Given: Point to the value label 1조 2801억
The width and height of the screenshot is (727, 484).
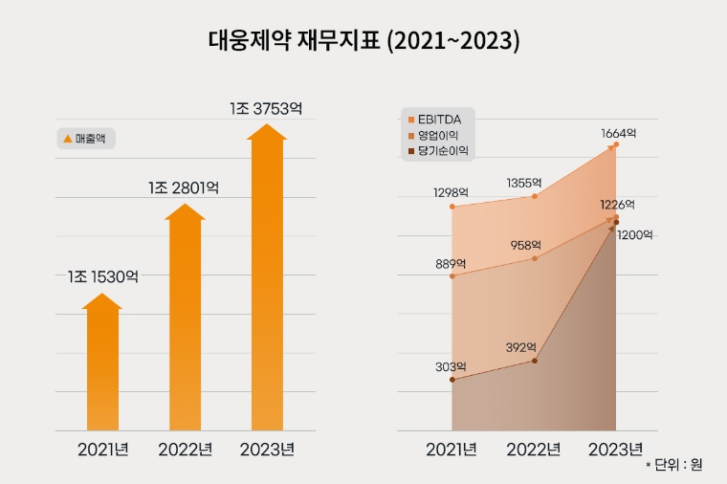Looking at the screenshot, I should point(185,187).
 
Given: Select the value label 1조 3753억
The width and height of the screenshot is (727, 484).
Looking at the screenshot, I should point(267,107).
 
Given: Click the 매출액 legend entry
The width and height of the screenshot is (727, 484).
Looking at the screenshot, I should point(88,139).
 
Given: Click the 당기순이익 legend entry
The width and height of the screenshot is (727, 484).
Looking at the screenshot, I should point(441,150).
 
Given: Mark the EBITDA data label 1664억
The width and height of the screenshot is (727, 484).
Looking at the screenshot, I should point(618,133).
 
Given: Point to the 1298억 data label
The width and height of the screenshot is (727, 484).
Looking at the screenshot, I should point(450,193).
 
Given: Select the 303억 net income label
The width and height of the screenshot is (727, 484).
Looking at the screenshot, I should point(450,366).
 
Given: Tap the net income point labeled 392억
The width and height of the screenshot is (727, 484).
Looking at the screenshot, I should point(534,361).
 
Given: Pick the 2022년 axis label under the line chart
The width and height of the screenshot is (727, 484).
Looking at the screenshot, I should point(533,450).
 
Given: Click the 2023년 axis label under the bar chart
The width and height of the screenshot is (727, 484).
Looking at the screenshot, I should point(267,450).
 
